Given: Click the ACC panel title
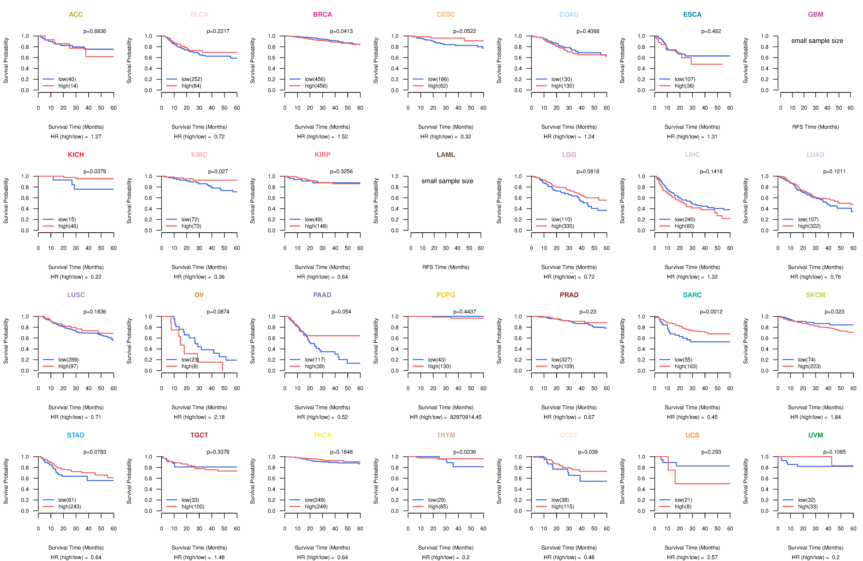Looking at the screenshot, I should [76, 15].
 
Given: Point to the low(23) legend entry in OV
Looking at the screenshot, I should [190, 360].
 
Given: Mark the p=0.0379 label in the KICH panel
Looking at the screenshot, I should [95, 171].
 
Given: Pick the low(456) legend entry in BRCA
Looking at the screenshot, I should [315, 79].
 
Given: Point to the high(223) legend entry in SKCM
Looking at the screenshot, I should [809, 366].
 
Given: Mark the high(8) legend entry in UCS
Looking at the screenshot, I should [683, 507].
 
